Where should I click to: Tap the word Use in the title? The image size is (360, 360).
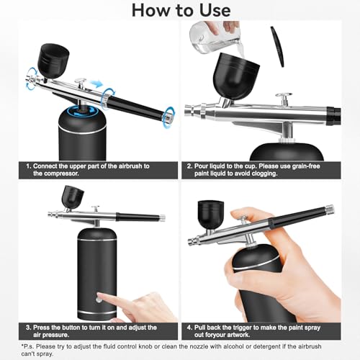pyautogui.click(x=209, y=10)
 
